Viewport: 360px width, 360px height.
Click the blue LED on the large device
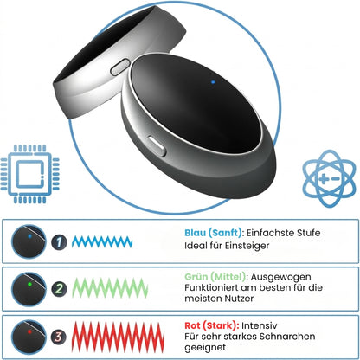[x=213, y=82]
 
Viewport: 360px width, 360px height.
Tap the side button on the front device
[x=157, y=146]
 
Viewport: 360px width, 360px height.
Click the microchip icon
[x=29, y=174]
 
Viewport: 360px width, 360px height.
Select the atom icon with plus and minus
[x=329, y=178]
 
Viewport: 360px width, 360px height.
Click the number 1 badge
[x=59, y=242]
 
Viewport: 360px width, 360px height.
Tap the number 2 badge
[x=59, y=289]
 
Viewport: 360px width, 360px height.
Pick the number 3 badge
[x=59, y=337]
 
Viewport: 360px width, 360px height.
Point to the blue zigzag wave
[x=102, y=241]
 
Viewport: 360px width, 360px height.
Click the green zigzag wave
[x=110, y=288]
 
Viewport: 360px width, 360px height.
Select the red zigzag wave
[x=118, y=337]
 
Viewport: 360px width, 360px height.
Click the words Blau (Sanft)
[x=213, y=233]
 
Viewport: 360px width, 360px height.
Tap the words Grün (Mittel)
[x=215, y=277]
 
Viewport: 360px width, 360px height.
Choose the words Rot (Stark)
[x=211, y=325]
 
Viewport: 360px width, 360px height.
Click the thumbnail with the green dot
[x=29, y=289]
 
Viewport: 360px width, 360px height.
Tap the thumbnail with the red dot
[x=29, y=337]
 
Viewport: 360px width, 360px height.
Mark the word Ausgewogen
[x=280, y=277]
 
